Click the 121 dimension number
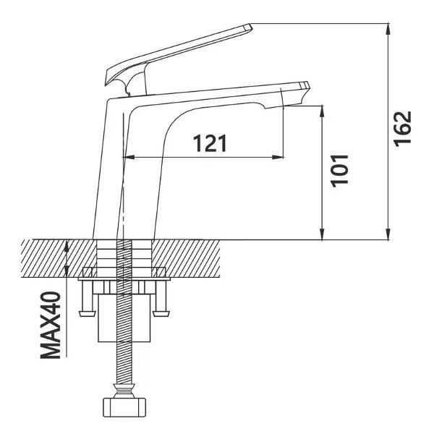[x=210, y=143]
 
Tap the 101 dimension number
[x=339, y=171]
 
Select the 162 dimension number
[x=403, y=129]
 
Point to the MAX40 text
[x=51, y=325]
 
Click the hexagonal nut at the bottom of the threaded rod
[x=124, y=407]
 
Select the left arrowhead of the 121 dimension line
[x=129, y=157]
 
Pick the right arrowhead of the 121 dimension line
[x=278, y=157]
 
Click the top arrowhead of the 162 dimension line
[x=388, y=30]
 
